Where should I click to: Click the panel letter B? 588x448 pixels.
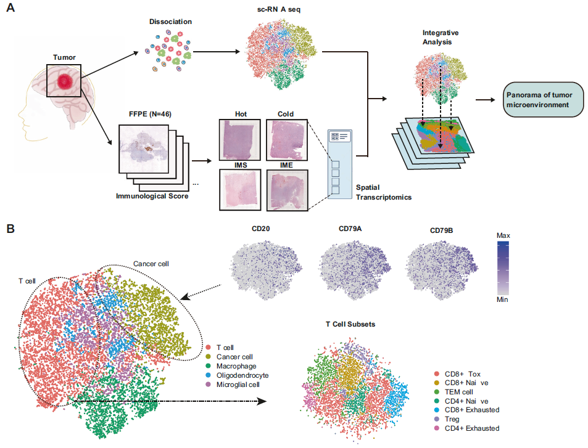(x=10, y=229)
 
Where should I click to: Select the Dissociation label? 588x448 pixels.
(x=170, y=22)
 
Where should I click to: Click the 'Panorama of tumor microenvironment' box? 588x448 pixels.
(x=544, y=99)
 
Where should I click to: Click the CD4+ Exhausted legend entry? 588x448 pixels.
(x=468, y=428)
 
